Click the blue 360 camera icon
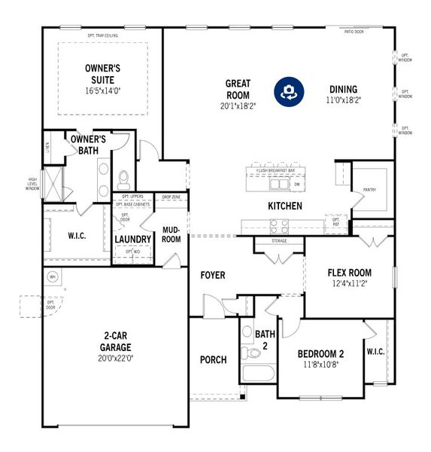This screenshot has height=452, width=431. tap(287, 91)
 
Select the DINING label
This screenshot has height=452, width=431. tap(342, 89)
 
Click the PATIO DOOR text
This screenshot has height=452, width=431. tap(354, 32)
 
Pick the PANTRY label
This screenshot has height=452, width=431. tap(369, 191)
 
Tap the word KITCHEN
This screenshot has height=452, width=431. tap(285, 206)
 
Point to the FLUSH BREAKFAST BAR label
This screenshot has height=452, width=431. tap(274, 171)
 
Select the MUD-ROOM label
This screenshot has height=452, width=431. tap(171, 234)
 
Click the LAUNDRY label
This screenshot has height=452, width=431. tap(133, 240)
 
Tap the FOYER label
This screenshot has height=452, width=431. tap(213, 275)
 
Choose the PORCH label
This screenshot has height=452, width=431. tap(214, 359)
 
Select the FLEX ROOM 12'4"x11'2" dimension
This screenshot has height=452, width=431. tap(349, 285)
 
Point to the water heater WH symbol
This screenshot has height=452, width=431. tap(53, 276)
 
